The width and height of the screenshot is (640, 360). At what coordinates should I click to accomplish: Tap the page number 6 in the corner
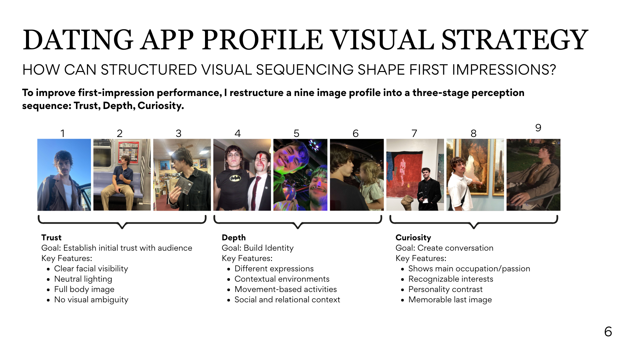click(608, 332)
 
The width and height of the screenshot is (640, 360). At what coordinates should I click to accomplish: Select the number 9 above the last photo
click(538, 128)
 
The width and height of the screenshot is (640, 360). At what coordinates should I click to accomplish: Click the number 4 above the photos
click(238, 133)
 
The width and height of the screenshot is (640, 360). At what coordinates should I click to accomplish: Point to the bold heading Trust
click(51, 237)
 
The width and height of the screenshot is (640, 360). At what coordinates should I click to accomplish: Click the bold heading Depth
click(234, 238)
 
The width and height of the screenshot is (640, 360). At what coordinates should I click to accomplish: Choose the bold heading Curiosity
click(413, 238)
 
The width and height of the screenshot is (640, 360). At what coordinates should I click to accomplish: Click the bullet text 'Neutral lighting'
click(83, 279)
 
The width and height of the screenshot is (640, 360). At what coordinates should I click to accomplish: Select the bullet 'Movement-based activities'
click(286, 289)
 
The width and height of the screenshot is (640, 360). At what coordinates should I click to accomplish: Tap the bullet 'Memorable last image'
click(450, 300)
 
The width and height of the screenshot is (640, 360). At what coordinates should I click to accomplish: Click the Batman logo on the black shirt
click(235, 178)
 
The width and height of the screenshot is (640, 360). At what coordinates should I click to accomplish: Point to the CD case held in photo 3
click(183, 184)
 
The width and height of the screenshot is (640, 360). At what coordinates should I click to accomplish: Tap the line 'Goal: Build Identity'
click(258, 248)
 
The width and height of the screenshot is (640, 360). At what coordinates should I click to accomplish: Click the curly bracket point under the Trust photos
click(122, 228)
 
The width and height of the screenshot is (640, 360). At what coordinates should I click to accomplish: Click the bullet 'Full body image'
click(84, 289)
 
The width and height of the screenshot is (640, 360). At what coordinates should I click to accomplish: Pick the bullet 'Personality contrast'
click(445, 289)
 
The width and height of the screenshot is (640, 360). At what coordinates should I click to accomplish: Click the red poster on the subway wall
click(129, 152)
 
